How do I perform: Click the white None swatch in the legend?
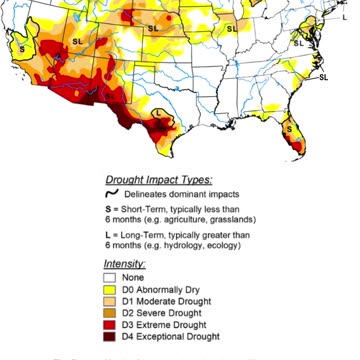[111, 278]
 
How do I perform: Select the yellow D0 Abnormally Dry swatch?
[111, 289]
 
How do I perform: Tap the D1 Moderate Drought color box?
[111, 301]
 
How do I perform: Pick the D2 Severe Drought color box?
[111, 313]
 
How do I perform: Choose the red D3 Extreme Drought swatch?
[111, 325]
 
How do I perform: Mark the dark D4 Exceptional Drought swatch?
[111, 337]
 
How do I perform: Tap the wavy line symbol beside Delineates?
[113, 193]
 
